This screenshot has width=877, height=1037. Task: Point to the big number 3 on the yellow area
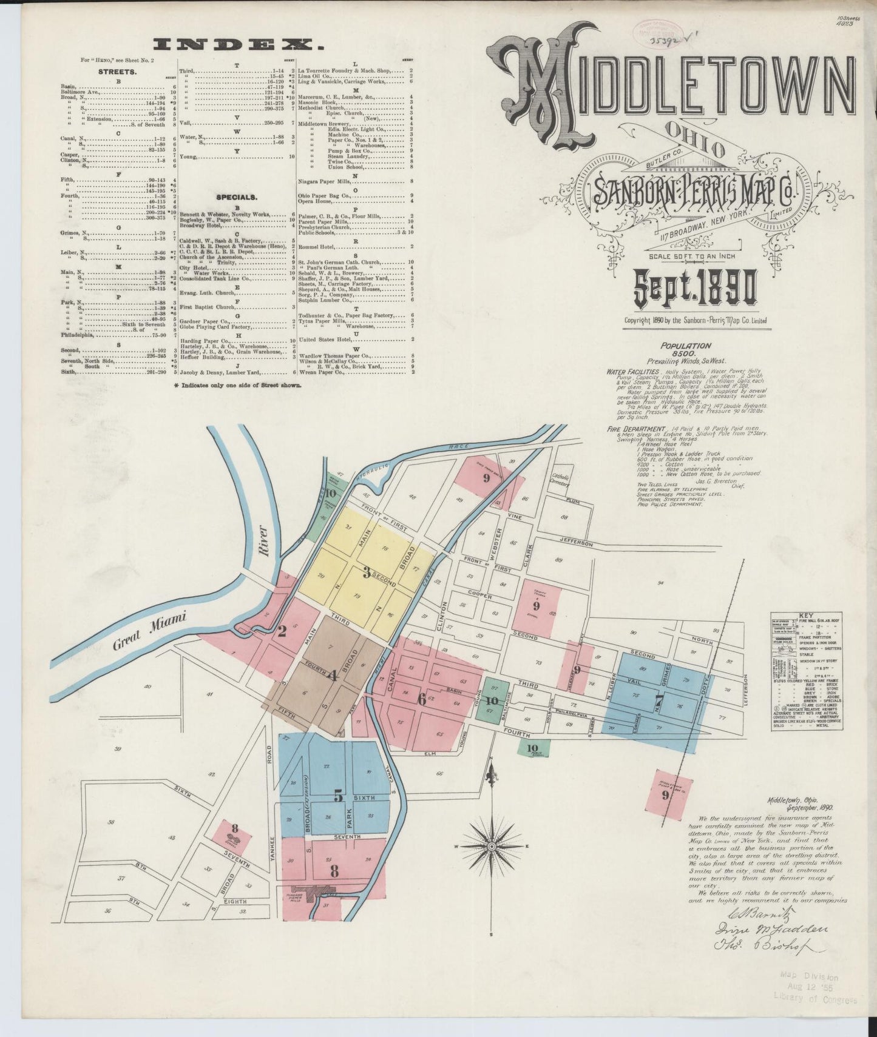click(x=367, y=571)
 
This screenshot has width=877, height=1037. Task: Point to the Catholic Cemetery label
click(x=559, y=480)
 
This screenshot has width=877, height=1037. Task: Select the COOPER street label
click(x=479, y=595)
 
